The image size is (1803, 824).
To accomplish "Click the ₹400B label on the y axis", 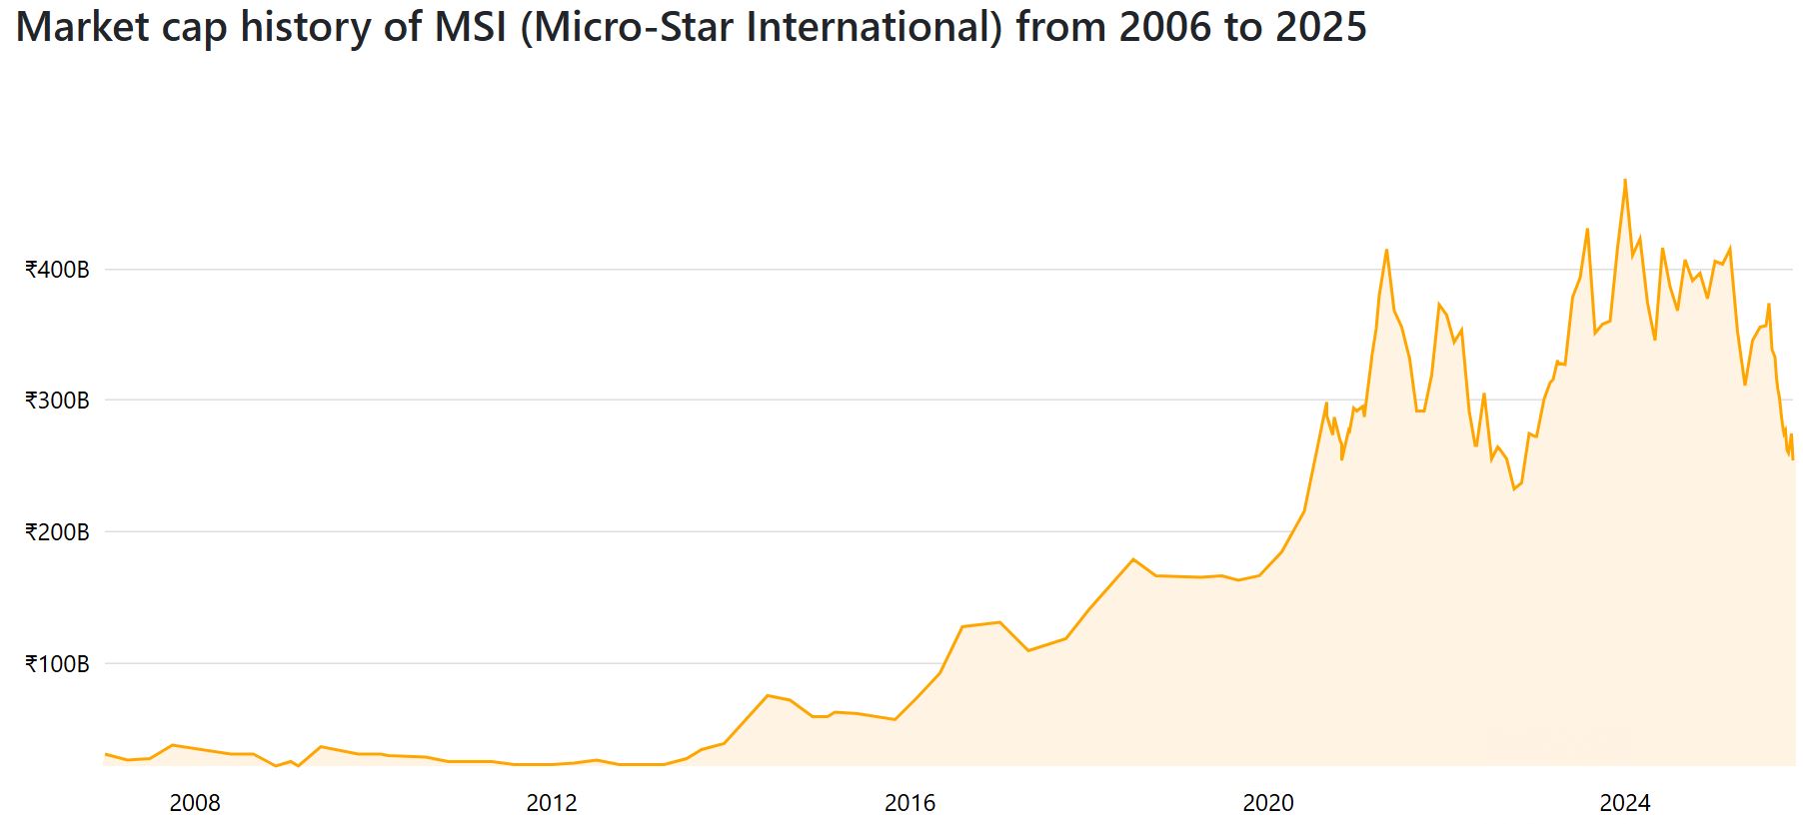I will pyautogui.click(x=57, y=270).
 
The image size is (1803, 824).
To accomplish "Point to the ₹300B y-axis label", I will pyautogui.click(x=57, y=401).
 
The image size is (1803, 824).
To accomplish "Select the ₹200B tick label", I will pyautogui.click(x=57, y=532).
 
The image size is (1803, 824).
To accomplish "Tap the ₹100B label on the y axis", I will pyautogui.click(x=57, y=663).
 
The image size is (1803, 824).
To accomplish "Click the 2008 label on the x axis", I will pyautogui.click(x=195, y=802).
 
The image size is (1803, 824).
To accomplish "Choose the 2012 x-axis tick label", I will pyautogui.click(x=552, y=802).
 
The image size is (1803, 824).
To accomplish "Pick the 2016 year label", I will pyautogui.click(x=909, y=802).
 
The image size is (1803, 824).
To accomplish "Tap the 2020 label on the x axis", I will pyautogui.click(x=1267, y=802).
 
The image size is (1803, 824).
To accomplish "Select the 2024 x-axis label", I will pyautogui.click(x=1625, y=802).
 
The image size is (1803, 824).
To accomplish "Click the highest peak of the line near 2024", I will pyautogui.click(x=1625, y=180).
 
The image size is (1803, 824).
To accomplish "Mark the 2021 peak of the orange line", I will pyautogui.click(x=1386, y=250).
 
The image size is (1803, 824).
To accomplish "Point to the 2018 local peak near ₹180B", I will pyautogui.click(x=1132, y=559).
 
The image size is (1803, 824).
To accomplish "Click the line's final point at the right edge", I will pyautogui.click(x=1793, y=458).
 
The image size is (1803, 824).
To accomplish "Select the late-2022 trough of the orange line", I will pyautogui.click(x=1514, y=488).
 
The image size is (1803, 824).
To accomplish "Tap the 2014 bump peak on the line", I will pyautogui.click(x=767, y=695).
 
